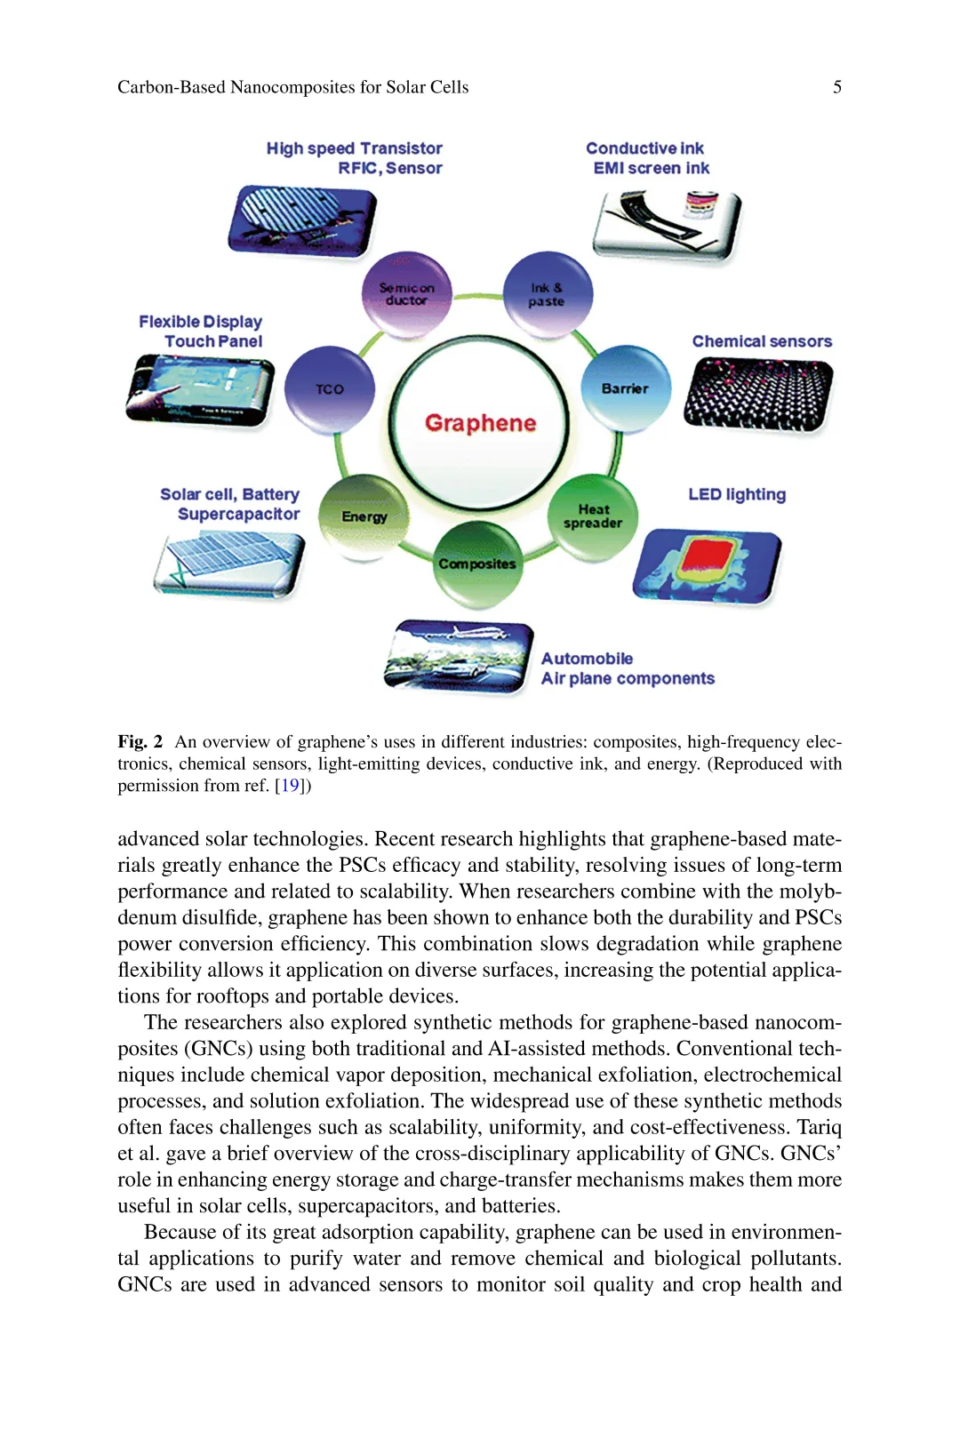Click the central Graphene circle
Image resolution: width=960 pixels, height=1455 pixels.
point(479,423)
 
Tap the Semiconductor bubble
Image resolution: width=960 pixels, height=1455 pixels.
point(407,294)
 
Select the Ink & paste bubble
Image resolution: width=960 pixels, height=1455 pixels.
point(547,294)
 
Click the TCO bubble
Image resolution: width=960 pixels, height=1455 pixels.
point(330,389)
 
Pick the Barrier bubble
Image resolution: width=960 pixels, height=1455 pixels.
point(625,388)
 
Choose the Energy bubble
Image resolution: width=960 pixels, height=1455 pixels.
point(364,516)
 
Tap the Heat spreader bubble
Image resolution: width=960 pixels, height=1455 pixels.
point(593,516)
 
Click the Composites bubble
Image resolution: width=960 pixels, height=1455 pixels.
point(477,564)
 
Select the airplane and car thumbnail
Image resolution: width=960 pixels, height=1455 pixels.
point(459,657)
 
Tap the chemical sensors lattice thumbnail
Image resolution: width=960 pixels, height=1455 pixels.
point(758,394)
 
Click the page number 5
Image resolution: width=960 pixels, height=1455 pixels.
point(836,87)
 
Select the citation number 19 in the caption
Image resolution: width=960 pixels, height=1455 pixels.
point(290,786)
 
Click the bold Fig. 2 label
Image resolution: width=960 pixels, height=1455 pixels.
point(140,742)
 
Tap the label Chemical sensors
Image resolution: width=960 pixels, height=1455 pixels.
point(762,341)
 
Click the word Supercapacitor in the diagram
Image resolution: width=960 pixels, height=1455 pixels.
point(238,514)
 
